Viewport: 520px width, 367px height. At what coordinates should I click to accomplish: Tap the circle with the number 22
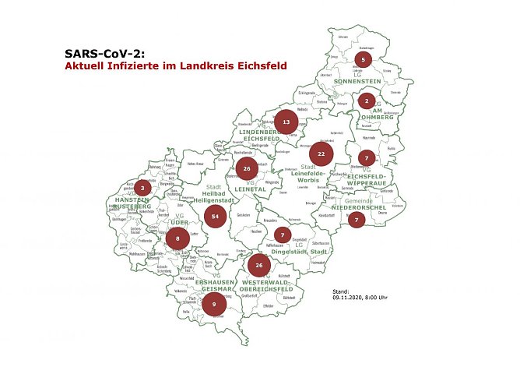click(x=321, y=154)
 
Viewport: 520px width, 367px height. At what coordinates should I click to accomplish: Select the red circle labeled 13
click(x=286, y=122)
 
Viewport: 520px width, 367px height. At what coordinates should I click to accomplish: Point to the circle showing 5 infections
click(x=363, y=59)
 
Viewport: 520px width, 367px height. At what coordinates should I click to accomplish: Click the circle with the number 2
click(x=366, y=101)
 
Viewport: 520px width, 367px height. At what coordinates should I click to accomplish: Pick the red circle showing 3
click(x=142, y=188)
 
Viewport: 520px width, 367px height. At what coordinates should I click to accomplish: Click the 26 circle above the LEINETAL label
click(x=246, y=168)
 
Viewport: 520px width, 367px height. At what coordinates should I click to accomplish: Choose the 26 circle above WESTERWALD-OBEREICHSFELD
click(x=259, y=266)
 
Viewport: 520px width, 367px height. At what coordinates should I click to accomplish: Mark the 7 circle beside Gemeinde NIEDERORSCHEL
click(x=357, y=220)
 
